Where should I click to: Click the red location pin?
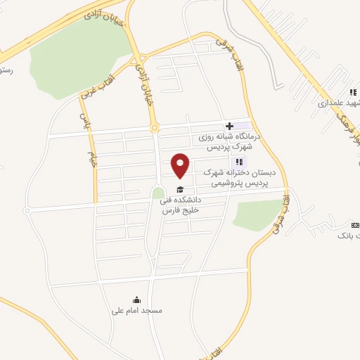pos(181,165)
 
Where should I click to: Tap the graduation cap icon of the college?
pos(180,189)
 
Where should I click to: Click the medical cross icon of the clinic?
pos(229,126)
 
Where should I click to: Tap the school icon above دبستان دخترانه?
pos(239,162)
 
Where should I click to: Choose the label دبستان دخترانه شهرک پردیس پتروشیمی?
pos(240,177)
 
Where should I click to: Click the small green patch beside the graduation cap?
pos(158,192)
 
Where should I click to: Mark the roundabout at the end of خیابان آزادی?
pos(155,128)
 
